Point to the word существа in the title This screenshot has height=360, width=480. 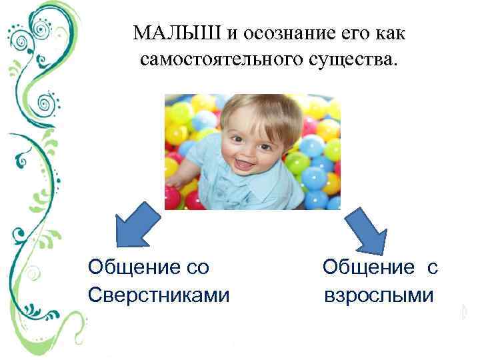point(354,61)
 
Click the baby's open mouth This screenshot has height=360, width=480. point(245,162)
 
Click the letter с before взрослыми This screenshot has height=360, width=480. point(432,267)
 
